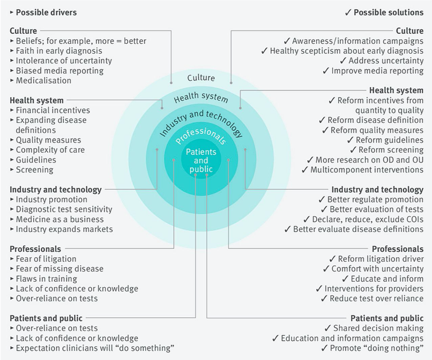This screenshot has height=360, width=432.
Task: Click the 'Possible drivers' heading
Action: click(x=46, y=12)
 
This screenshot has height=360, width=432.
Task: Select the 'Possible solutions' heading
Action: click(x=389, y=12)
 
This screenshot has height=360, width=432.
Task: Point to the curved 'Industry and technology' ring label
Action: click(x=202, y=122)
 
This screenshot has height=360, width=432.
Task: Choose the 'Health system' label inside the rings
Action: click(x=201, y=97)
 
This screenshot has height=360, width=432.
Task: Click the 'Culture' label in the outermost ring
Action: click(x=201, y=78)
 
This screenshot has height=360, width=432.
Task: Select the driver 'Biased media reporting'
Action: click(x=59, y=71)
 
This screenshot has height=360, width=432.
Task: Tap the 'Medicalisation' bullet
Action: click(x=43, y=80)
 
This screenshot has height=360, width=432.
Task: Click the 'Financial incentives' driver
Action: click(x=53, y=110)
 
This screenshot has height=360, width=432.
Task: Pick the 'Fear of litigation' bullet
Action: click(x=46, y=259)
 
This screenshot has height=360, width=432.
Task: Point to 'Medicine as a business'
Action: click(x=59, y=219)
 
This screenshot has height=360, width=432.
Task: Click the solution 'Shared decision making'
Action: click(x=378, y=328)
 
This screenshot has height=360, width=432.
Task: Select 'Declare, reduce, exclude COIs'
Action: click(x=368, y=219)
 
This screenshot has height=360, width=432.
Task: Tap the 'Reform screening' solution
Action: click(x=391, y=150)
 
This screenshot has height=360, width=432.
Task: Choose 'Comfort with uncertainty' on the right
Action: click(x=377, y=268)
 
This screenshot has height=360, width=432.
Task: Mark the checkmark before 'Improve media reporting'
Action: click(x=326, y=71)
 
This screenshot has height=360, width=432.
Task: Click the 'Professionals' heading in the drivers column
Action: click(x=35, y=249)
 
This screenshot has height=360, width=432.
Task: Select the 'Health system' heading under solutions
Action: click(x=396, y=91)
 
